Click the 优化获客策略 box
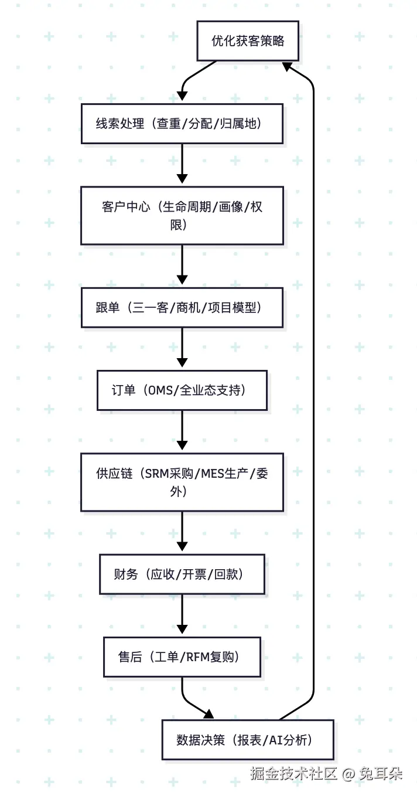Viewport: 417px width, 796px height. click(248, 41)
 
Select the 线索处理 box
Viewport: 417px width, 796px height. click(182, 124)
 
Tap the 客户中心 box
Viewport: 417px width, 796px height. click(182, 215)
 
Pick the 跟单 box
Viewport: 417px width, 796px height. click(182, 307)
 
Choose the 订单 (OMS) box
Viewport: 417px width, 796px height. click(182, 390)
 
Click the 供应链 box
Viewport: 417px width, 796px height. click(182, 482)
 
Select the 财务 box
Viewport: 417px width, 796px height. click(182, 574)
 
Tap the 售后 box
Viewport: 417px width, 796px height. click(182, 657)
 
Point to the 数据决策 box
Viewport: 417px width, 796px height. click(248, 740)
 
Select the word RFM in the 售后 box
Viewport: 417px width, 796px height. click(197, 657)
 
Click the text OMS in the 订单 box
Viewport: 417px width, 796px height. click(161, 390)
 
